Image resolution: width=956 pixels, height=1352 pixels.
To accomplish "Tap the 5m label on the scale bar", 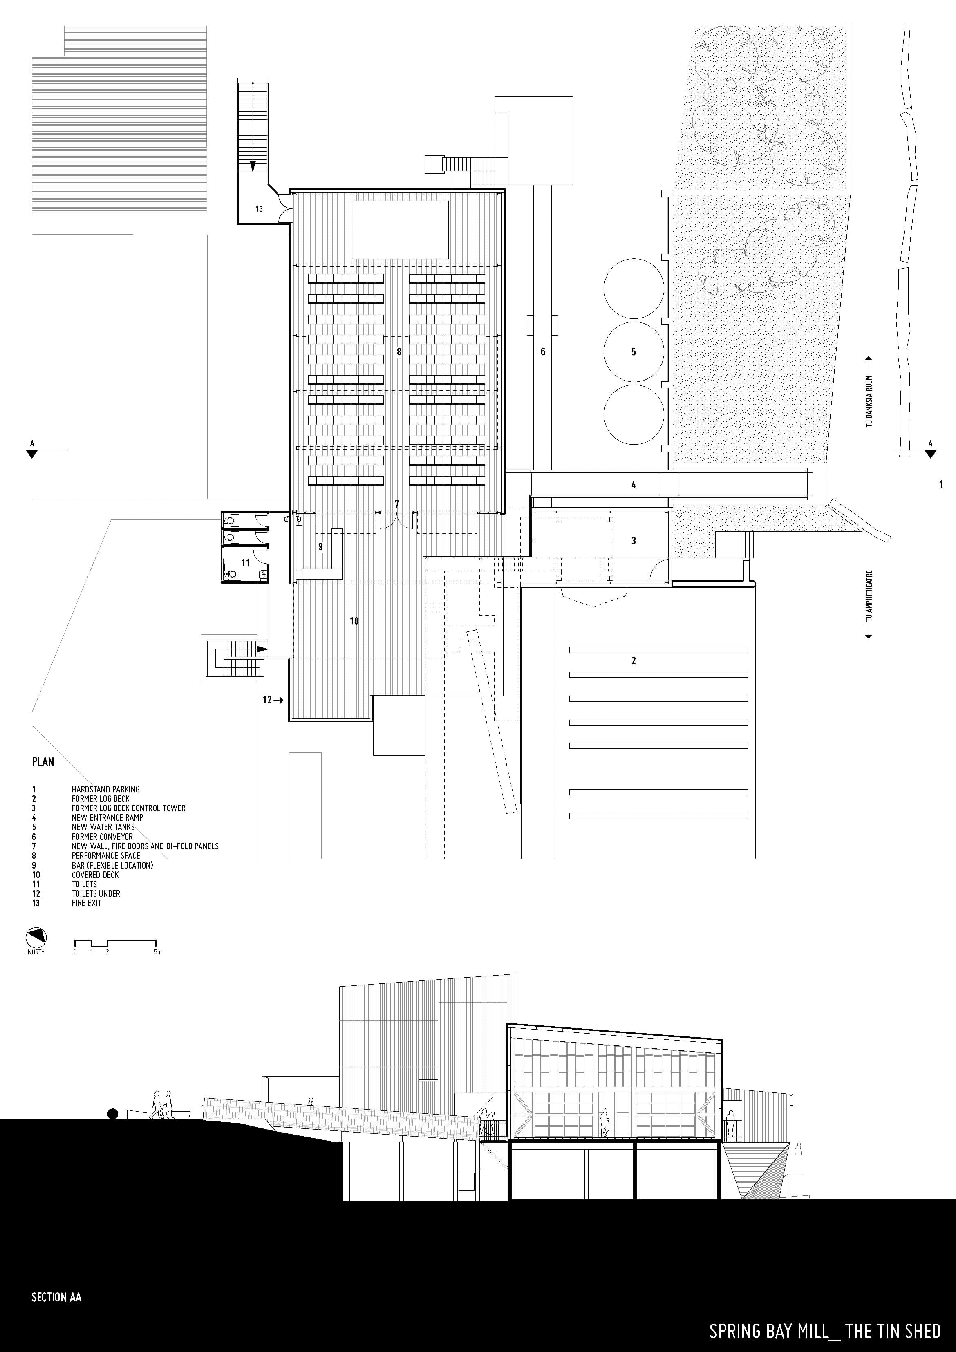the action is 157,951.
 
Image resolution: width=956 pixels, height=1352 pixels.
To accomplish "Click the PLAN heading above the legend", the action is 43,761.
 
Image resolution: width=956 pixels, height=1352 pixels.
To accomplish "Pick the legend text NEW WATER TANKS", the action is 103,827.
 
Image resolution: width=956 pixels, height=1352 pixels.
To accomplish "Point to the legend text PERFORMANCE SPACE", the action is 106,855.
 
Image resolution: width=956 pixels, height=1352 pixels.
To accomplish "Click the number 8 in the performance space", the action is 399,351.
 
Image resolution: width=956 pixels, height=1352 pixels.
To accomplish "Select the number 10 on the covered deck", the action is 354,621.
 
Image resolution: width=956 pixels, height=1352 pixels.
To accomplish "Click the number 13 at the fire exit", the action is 259,208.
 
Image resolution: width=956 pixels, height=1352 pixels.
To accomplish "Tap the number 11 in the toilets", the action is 246,562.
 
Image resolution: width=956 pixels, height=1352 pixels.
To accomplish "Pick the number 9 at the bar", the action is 320,546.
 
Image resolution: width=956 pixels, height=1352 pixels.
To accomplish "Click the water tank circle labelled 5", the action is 634,351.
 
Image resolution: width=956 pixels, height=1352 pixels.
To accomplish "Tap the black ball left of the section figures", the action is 112,1113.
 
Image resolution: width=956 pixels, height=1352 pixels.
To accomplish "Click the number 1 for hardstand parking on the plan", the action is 941,484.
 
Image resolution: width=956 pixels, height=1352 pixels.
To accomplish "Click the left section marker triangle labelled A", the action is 32,453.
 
